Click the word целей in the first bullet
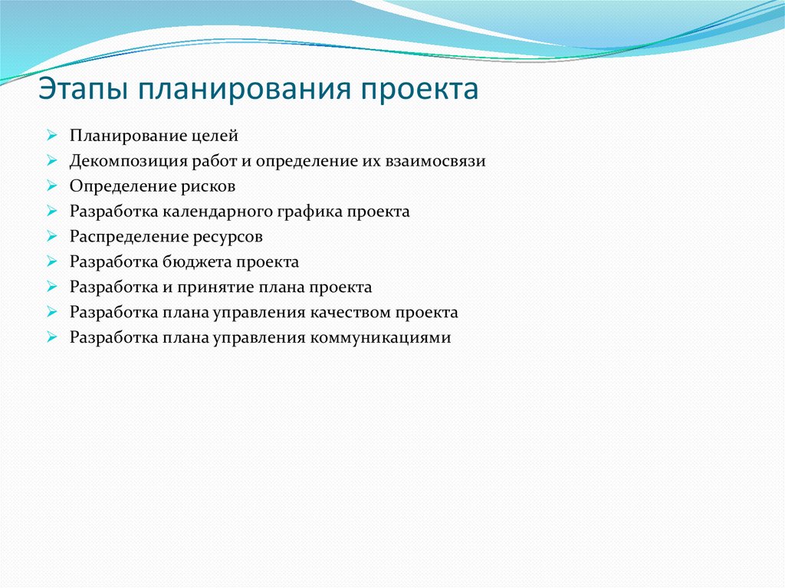(x=218, y=136)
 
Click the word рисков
(x=209, y=186)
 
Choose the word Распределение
(x=123, y=237)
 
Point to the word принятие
(x=212, y=287)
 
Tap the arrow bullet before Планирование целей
(x=51, y=136)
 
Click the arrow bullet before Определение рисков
(x=51, y=186)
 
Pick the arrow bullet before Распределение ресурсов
(x=51, y=237)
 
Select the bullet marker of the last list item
(x=51, y=338)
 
